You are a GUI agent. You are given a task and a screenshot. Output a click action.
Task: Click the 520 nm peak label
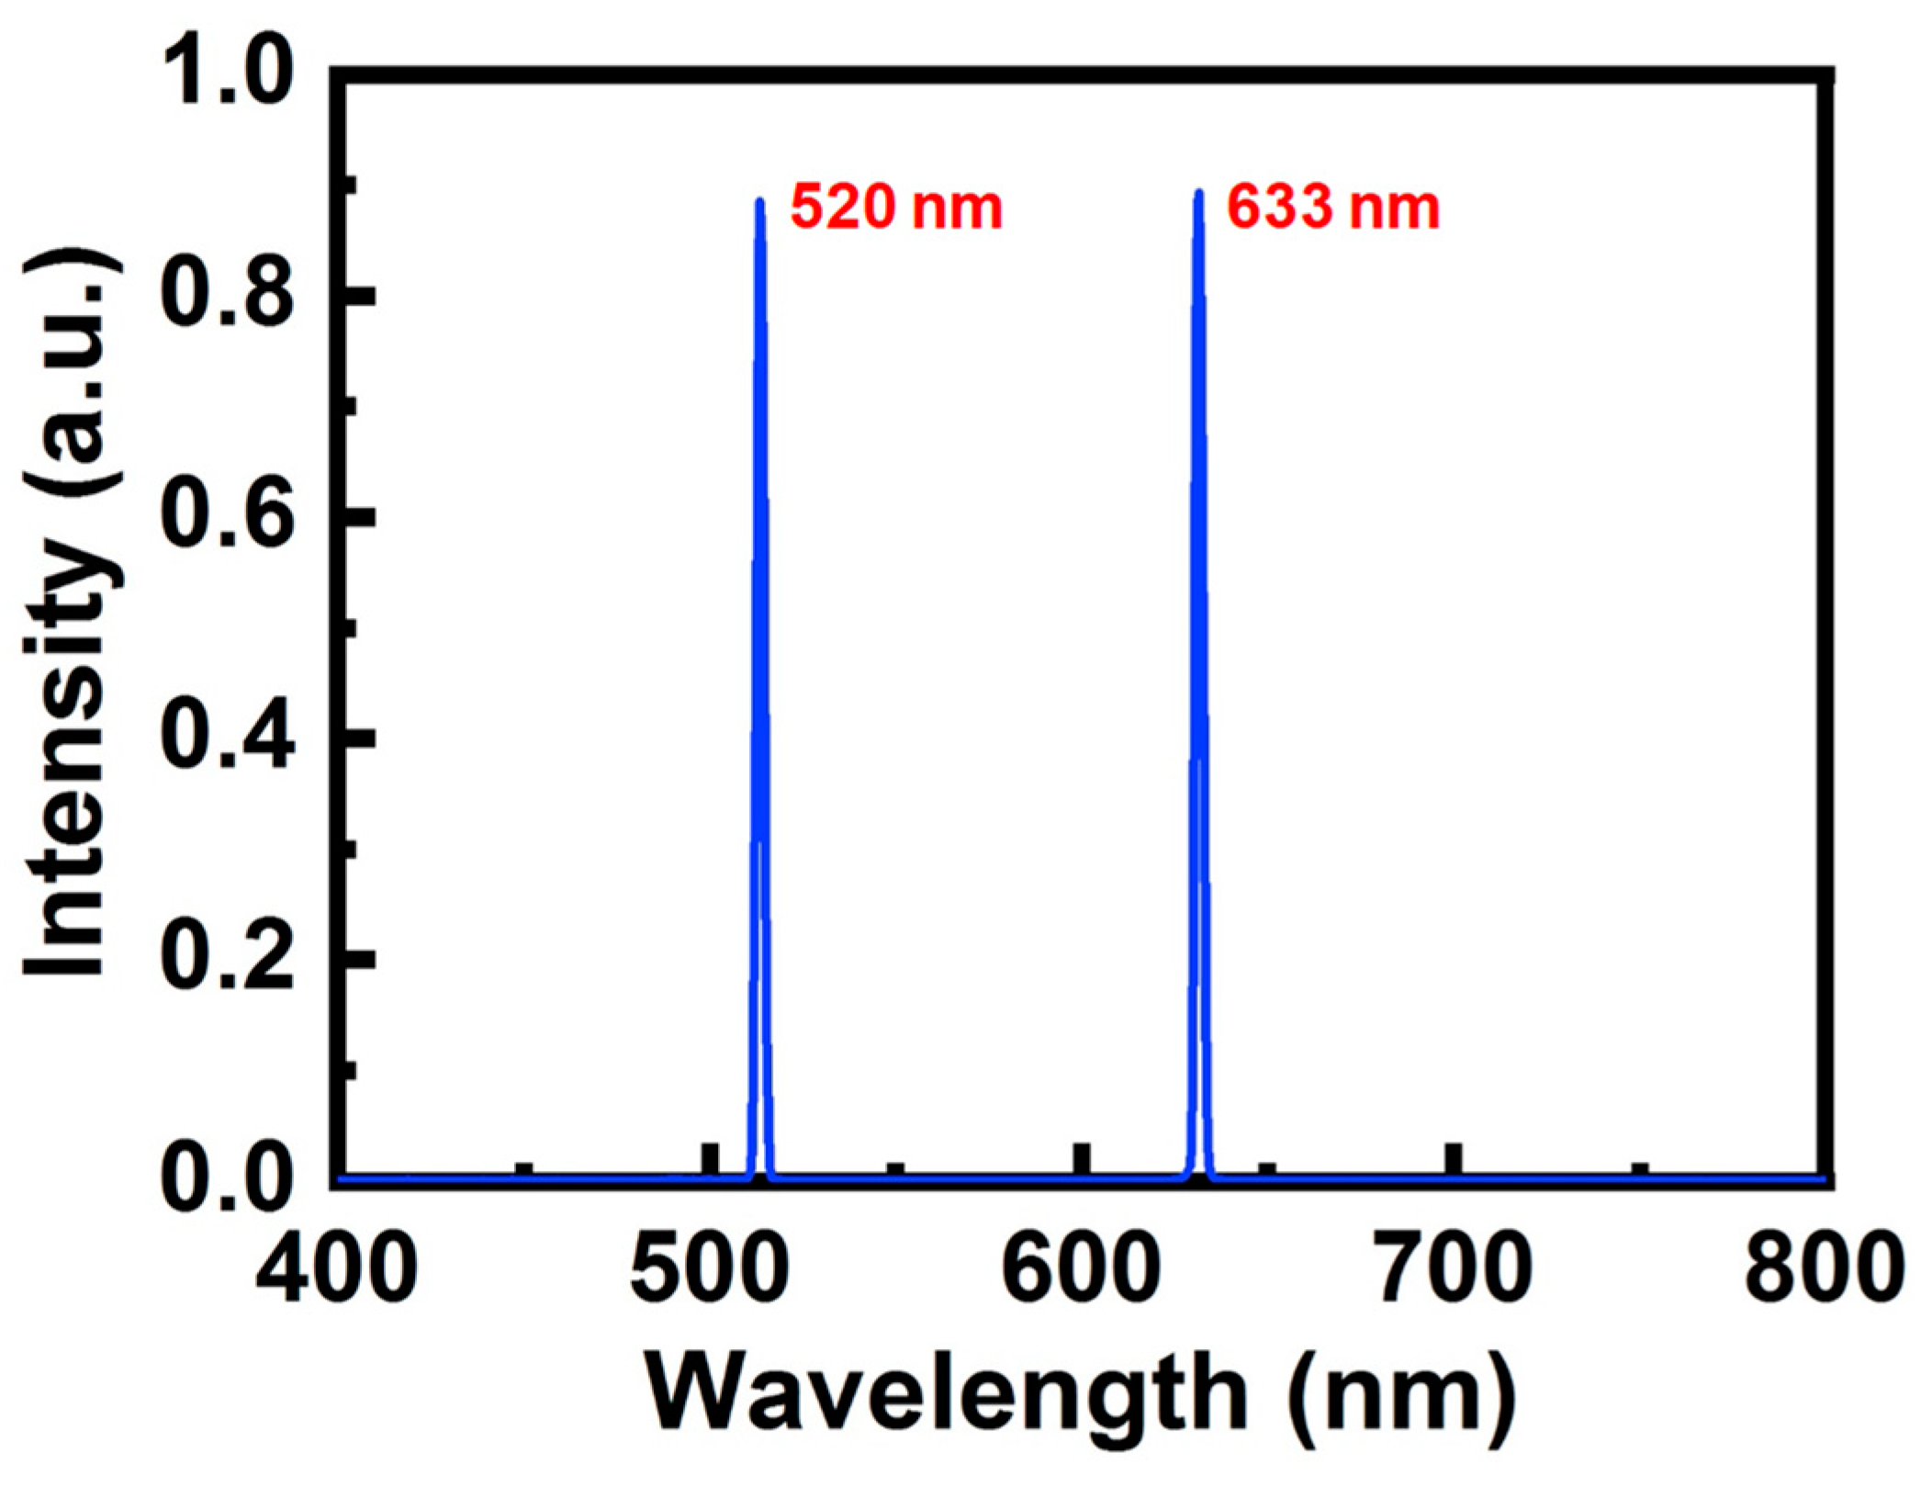point(896,208)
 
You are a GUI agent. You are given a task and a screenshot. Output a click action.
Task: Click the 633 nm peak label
point(1333,208)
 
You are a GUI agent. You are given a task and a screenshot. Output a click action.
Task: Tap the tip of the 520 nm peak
point(759,200)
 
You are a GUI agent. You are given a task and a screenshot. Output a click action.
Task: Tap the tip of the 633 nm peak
point(1198,192)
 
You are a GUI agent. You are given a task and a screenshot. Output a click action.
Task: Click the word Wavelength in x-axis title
point(946,1394)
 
